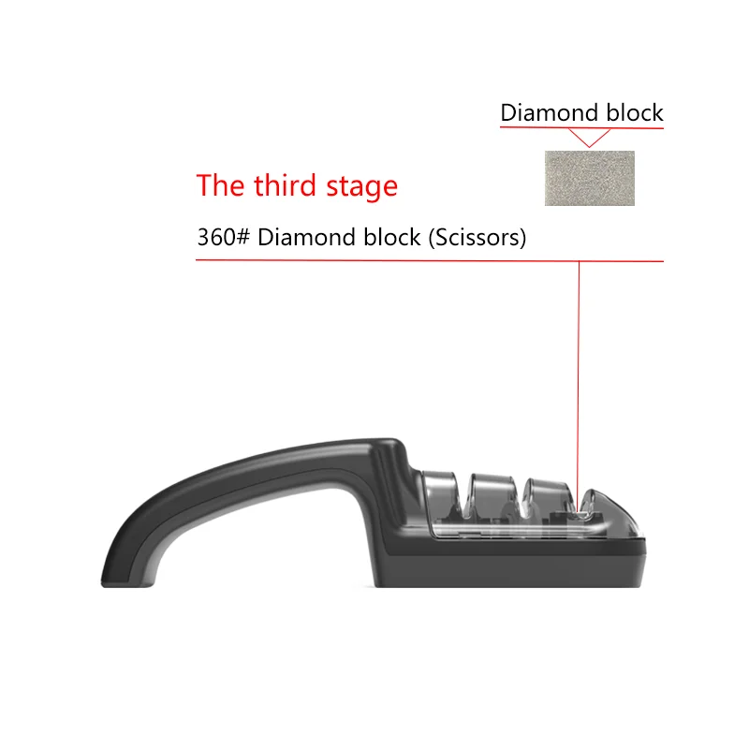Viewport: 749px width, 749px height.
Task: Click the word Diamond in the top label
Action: coord(546,113)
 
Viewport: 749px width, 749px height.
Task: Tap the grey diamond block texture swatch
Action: coord(589,178)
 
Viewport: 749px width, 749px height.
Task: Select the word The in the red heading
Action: coord(220,185)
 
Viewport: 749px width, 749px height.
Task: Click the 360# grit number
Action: coord(223,237)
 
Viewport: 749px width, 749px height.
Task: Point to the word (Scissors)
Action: coord(477,238)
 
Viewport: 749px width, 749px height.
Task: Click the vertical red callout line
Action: coord(579,374)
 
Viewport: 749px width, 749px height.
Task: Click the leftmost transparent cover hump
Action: coord(439,492)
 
